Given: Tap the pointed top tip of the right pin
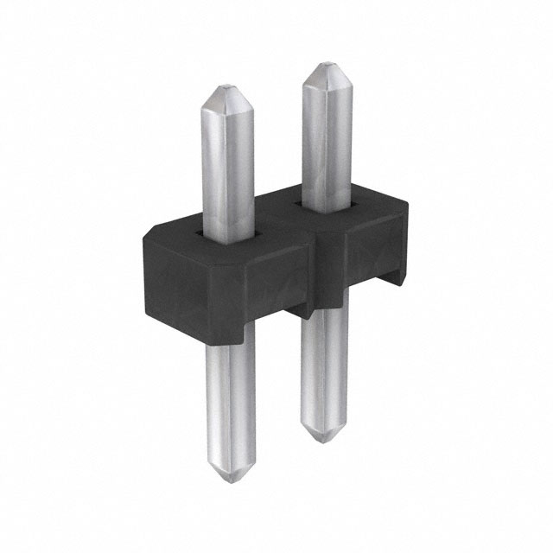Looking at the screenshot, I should [x=325, y=66].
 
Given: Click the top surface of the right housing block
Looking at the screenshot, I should [x=363, y=212].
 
